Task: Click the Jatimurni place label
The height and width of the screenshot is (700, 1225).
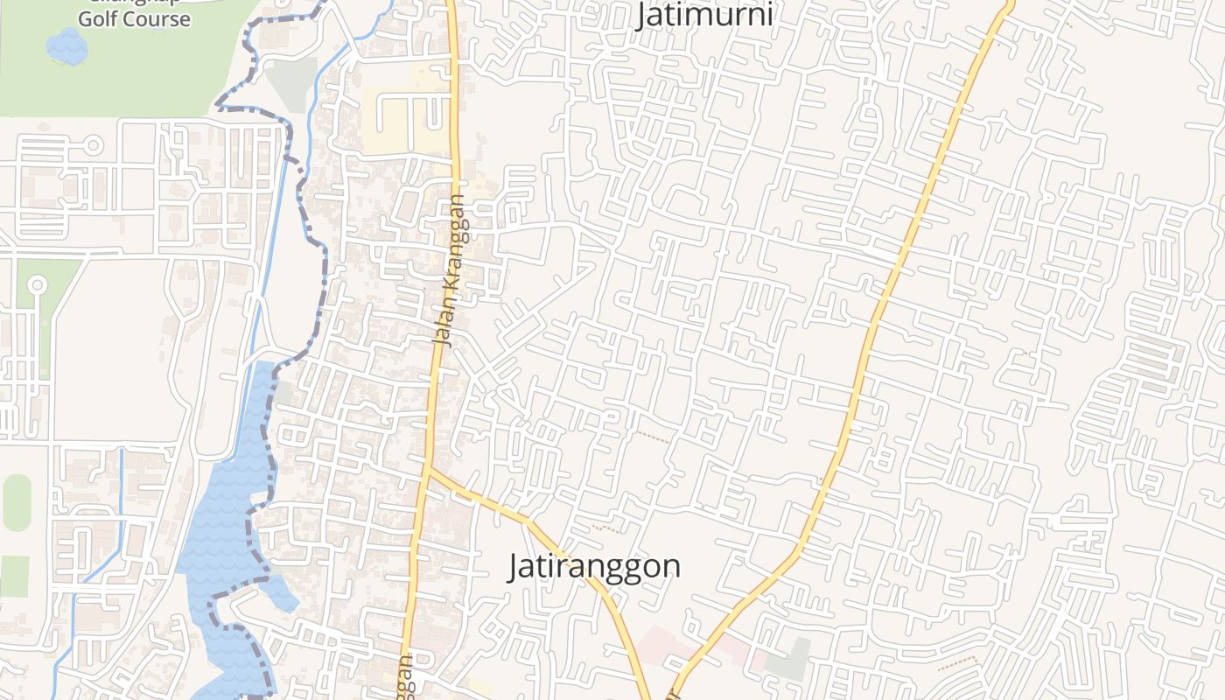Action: coord(704,15)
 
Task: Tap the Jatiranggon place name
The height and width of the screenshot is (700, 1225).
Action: coord(594,566)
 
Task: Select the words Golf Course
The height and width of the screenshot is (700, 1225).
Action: coord(134,19)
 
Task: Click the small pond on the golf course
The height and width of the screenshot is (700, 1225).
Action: coord(67,46)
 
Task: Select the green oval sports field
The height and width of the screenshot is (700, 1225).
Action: coord(17,503)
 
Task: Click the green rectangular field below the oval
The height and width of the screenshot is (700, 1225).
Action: coord(14,576)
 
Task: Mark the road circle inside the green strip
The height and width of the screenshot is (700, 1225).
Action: coord(37,284)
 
